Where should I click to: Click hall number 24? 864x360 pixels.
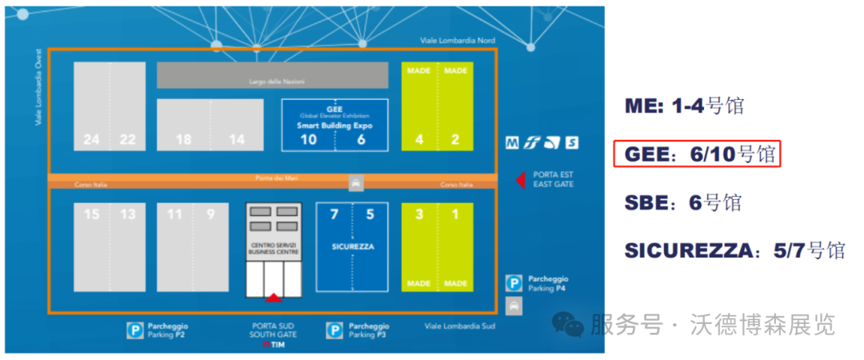coord(92,139)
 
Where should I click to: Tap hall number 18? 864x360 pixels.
coord(183,139)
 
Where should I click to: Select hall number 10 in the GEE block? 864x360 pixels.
coord(308,139)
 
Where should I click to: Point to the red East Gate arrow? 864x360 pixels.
coord(520,179)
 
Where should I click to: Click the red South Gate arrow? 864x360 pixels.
coord(273,298)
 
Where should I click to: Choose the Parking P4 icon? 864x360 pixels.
coord(514,283)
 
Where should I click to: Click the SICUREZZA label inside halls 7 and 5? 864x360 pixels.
coord(352,247)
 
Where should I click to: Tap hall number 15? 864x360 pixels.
coord(92,214)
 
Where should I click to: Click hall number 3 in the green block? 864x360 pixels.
coord(419,214)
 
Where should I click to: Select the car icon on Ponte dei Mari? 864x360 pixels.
coord(355,183)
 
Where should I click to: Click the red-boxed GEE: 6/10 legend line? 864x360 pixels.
coord(695,154)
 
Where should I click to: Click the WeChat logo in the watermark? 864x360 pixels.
coord(570,325)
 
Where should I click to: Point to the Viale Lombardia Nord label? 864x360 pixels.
coord(458,40)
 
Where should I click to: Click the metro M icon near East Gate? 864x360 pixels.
coord(512,144)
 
